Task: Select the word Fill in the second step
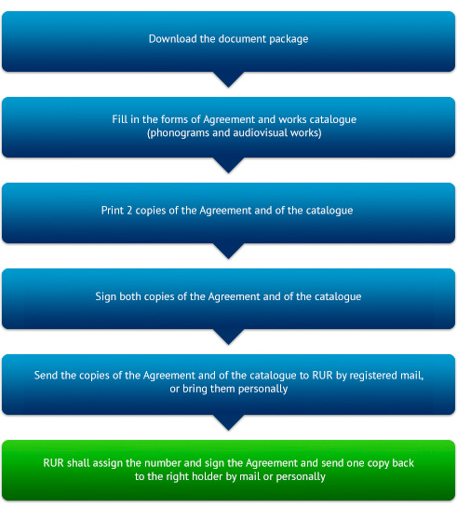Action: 120,119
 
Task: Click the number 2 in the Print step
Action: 129,211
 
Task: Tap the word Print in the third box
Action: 113,211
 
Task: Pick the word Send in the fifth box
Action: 46,375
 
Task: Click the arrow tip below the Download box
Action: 228,87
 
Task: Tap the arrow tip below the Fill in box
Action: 228,172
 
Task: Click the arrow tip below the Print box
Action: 228,258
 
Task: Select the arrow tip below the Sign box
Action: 228,344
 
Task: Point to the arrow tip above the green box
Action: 228,430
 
